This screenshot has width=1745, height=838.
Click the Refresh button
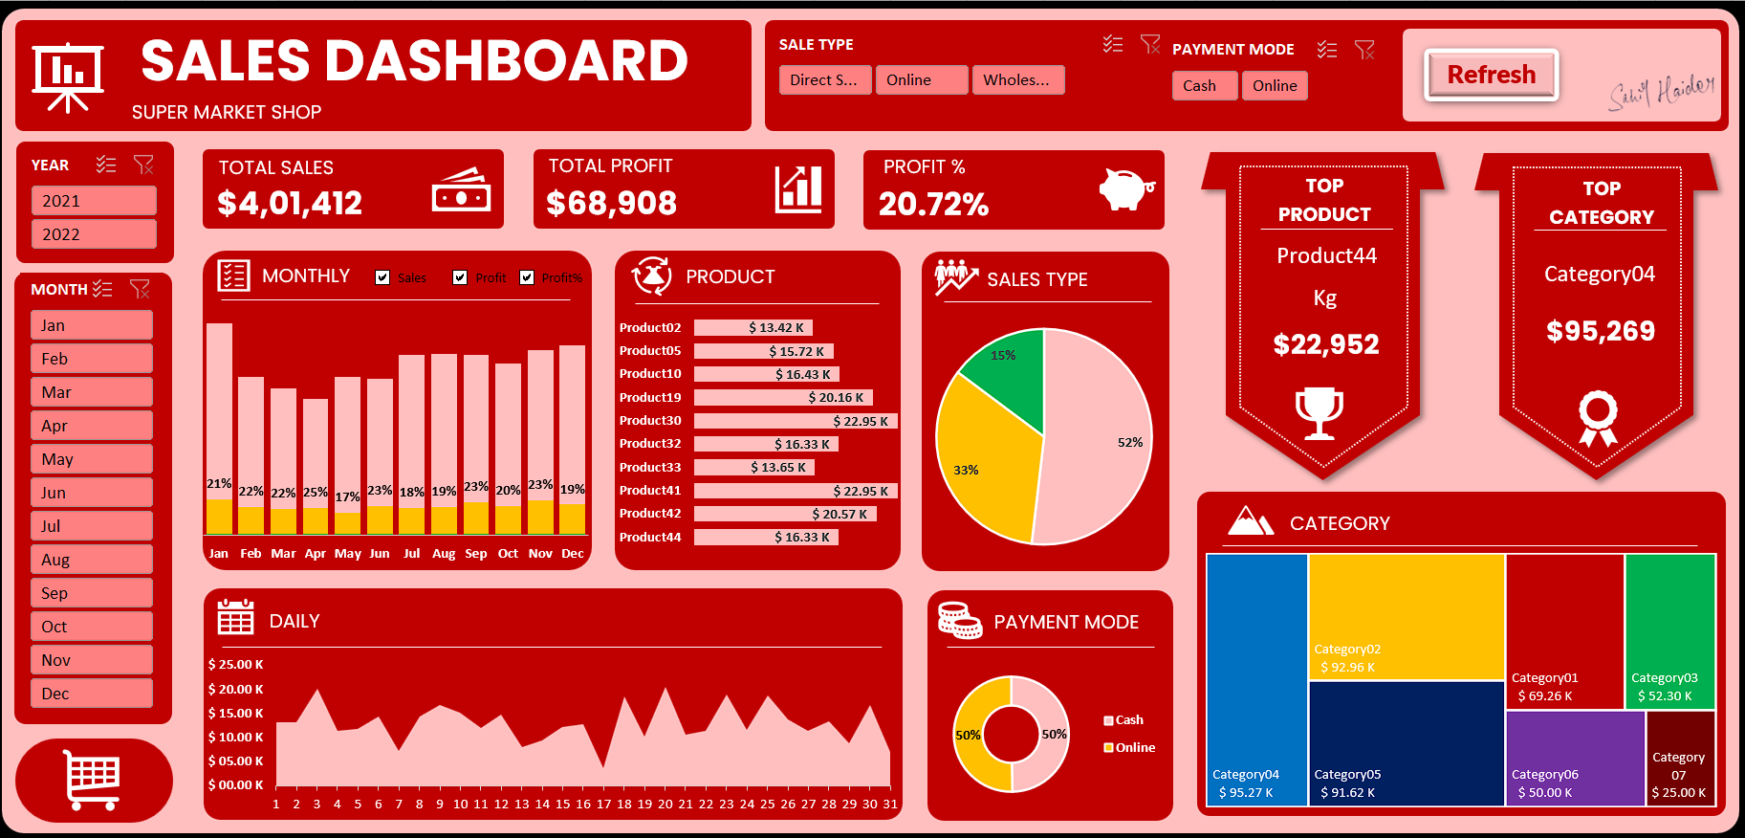point(1491,75)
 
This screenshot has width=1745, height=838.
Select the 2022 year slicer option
point(93,234)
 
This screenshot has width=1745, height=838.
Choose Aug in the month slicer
point(91,560)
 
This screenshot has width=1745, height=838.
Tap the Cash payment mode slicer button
point(1204,86)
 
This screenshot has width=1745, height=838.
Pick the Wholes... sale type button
point(1017,80)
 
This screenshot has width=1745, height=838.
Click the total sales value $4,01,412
point(290,203)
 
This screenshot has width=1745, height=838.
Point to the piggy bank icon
point(1125,188)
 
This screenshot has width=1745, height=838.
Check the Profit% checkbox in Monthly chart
point(527,277)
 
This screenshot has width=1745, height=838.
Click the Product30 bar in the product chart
point(795,421)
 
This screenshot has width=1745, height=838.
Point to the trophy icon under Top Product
point(1320,412)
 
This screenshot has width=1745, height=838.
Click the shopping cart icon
point(93,780)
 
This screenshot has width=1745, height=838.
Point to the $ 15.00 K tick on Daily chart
point(235,713)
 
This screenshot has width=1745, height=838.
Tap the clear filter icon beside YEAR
point(143,165)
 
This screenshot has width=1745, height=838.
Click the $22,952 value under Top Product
point(1325,344)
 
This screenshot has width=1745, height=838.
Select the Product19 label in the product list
point(650,397)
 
